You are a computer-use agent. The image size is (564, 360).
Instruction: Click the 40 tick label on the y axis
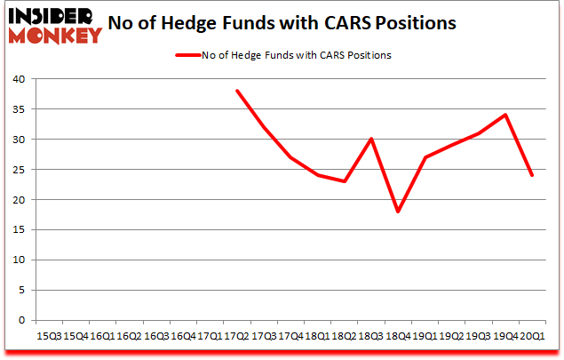tap(19, 79)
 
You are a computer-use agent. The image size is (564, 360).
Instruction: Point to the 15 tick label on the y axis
tap(19, 230)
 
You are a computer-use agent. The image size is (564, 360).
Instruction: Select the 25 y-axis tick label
tap(19, 170)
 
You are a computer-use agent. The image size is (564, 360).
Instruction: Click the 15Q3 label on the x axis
tap(48, 336)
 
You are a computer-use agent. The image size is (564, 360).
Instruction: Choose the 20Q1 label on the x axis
tap(532, 336)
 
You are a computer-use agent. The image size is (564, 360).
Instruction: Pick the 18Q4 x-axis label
tap(398, 336)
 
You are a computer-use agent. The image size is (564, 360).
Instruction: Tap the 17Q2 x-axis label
tap(236, 336)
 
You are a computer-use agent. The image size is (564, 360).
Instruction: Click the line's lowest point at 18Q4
tap(398, 212)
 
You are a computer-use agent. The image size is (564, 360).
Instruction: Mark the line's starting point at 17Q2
tap(236, 91)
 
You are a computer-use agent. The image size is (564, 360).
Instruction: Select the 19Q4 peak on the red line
tap(505, 115)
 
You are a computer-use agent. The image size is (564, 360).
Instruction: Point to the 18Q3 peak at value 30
tap(370, 139)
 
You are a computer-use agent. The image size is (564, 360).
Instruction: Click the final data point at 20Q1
tap(532, 175)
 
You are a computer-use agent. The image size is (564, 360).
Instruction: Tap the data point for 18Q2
tap(344, 181)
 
